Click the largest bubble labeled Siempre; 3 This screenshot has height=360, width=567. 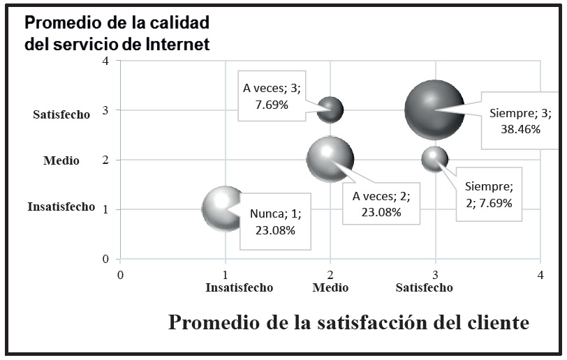coord(435,110)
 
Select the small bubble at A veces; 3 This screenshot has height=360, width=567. coord(330,110)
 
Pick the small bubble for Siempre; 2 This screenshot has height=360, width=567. coord(434,159)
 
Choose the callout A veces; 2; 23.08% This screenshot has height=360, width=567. coord(381,204)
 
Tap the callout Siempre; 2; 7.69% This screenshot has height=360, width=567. coord(489,195)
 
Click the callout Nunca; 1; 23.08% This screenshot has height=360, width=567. coord(275,223)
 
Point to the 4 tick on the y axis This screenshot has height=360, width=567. coord(105,61)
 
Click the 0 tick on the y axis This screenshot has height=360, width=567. coord(105,259)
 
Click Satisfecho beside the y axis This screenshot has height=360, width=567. coord(61,115)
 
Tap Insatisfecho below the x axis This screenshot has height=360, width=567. coord(239,287)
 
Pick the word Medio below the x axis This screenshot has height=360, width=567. coord(330,287)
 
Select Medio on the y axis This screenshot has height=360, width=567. coord(61,160)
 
